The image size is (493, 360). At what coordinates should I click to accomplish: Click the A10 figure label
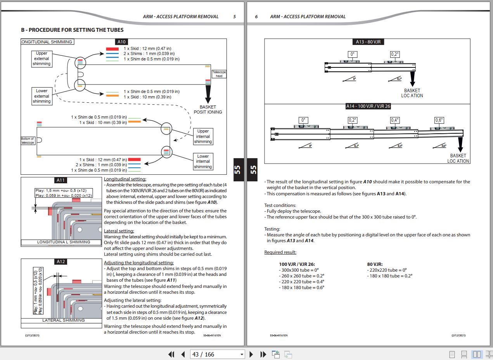coord(121,42)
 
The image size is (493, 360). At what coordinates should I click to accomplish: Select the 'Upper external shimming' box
coord(42,59)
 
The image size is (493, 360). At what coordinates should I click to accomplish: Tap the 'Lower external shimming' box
coord(42,96)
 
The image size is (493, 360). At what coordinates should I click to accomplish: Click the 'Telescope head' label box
coord(219,74)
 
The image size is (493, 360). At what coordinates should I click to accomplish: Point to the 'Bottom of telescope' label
coord(28,141)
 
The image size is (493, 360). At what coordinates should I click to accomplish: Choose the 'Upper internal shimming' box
coord(203,136)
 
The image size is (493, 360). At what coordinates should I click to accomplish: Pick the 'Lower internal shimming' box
coord(203,162)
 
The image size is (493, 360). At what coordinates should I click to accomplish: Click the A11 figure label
coord(61,180)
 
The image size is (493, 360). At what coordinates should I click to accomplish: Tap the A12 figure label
coord(61,262)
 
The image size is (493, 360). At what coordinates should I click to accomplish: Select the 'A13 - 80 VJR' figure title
coord(368,42)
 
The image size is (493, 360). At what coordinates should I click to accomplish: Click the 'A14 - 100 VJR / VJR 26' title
coord(368,106)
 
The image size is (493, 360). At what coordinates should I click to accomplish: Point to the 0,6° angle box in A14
coord(439,121)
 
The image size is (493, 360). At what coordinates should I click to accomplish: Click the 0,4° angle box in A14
coord(395,121)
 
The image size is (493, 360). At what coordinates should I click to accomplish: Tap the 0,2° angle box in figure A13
coord(394,55)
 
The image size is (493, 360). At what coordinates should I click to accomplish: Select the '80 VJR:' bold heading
coord(375,264)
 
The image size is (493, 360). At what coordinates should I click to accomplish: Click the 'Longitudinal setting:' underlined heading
coord(125,179)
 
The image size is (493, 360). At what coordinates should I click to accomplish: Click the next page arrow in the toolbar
coord(251,354)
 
